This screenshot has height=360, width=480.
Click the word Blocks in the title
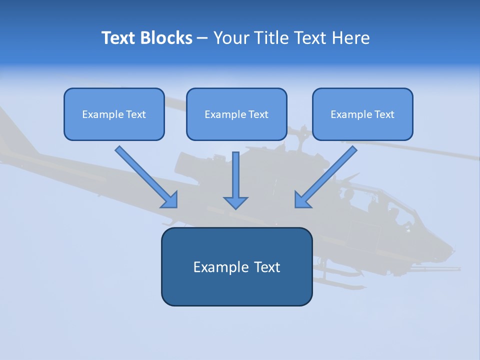pyautogui.click(x=167, y=38)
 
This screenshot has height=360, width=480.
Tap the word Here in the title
pyautogui.click(x=350, y=38)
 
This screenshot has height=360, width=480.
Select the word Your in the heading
pyautogui.click(x=231, y=38)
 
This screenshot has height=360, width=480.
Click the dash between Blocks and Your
pyautogui.click(x=202, y=38)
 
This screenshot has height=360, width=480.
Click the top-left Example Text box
pyautogui.click(x=114, y=114)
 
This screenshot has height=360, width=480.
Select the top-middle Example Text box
pyautogui.click(x=236, y=114)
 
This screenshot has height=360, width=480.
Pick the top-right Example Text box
pyautogui.click(x=362, y=114)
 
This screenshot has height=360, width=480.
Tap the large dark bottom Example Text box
pyautogui.click(x=236, y=266)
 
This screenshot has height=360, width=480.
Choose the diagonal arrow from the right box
pyautogui.click(x=326, y=176)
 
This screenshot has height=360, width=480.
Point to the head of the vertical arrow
pyautogui.click(x=235, y=202)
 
